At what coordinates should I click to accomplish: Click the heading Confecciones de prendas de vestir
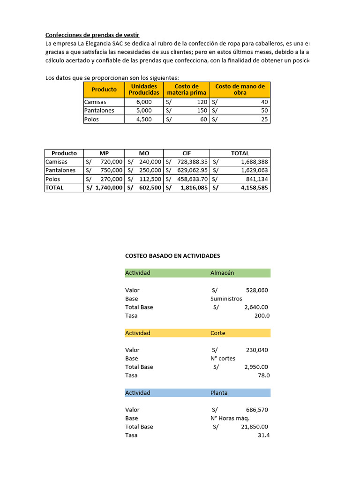(92, 35)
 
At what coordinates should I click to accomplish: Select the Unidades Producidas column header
(144, 89)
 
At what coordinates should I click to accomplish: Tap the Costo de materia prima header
(186, 89)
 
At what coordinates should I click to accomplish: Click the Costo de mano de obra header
(240, 89)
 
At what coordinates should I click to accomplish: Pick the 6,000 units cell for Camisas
(144, 102)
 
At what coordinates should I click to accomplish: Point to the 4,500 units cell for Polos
(144, 119)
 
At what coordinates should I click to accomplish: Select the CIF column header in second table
(186, 153)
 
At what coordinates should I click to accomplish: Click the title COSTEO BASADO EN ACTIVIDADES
(172, 256)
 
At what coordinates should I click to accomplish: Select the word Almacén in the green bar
(222, 273)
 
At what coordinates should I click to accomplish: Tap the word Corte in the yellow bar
(218, 333)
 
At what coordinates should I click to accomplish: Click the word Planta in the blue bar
(219, 393)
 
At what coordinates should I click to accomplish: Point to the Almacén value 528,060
(256, 290)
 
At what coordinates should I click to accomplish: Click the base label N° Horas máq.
(230, 418)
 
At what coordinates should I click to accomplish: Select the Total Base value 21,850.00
(253, 427)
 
